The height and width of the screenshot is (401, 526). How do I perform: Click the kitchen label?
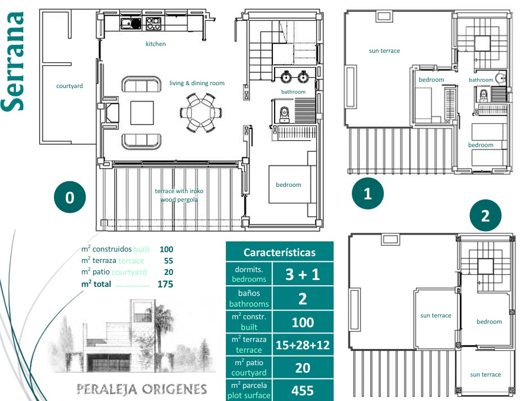point(155,44)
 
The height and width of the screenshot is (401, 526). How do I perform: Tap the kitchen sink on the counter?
point(131,23)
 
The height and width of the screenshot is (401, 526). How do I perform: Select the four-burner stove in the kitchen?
point(153,23)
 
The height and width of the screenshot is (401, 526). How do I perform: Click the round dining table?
point(201,112)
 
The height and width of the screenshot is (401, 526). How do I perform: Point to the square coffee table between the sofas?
point(142,113)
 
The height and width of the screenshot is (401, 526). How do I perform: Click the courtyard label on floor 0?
point(69,86)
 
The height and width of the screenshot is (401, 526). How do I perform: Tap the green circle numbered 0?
point(70,197)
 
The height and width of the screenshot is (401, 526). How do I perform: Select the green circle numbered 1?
point(368,194)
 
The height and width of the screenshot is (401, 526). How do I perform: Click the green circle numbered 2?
point(485,215)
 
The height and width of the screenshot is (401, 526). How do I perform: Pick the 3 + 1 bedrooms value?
point(302,274)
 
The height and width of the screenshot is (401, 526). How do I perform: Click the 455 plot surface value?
point(302,390)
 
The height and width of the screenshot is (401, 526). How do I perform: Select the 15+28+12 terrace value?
point(302,345)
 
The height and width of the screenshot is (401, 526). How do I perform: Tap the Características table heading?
point(279,252)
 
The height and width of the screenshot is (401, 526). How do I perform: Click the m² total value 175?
point(165,284)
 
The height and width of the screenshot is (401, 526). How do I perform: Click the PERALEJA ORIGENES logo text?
point(141,389)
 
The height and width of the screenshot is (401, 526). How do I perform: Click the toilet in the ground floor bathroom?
point(284,114)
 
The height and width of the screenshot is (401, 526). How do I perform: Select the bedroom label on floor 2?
point(489,321)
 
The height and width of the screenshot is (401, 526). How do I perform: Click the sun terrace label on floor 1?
point(384,51)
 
